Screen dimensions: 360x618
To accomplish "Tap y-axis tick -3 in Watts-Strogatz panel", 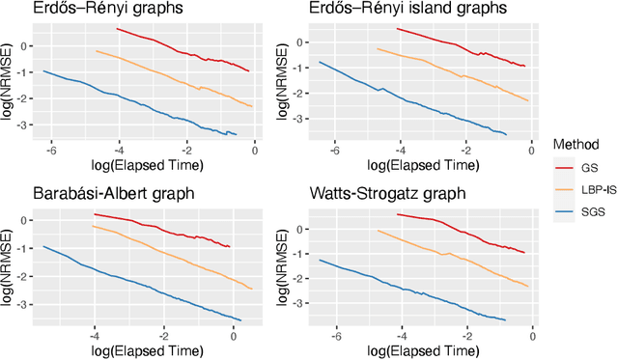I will click(x=305, y=304).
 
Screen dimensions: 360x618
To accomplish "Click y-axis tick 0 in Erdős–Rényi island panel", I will click(x=307, y=43).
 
